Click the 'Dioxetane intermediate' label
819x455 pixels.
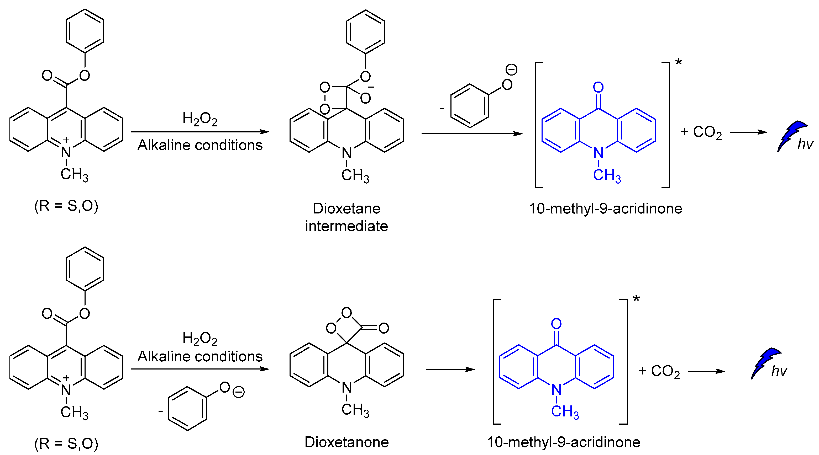346,217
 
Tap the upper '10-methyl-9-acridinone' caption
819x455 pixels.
605,209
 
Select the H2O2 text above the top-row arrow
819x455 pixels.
200,119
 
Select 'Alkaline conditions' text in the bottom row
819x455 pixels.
200,356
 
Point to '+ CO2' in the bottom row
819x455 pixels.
659,371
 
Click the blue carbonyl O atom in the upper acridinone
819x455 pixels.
598,87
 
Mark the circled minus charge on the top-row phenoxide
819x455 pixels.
512,69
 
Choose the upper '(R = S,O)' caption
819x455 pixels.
66,206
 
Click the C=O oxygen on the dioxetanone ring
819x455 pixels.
384,328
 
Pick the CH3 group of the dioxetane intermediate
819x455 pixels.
355,175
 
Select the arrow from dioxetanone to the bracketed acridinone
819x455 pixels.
450,369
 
